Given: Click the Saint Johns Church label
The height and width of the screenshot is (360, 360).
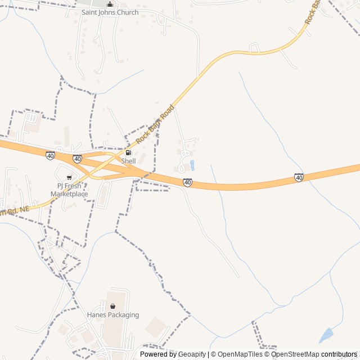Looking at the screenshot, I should click(110, 12).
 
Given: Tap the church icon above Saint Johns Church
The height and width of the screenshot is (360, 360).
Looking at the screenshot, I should click(110, 4).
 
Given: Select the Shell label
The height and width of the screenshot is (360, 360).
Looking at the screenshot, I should click(128, 161).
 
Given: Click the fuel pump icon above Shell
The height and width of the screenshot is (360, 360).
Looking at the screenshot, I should click(128, 153).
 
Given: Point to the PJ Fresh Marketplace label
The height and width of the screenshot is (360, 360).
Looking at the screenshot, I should click(69, 190).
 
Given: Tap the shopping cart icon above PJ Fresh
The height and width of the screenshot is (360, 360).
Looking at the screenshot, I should click(69, 178).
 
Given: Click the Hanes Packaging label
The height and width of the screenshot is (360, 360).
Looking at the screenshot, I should click(112, 315).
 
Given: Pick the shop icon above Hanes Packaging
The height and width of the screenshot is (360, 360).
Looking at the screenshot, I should click(112, 307).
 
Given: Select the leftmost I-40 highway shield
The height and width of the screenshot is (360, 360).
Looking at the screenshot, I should click(51, 155).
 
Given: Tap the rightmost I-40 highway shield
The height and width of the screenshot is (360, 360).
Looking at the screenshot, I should click(299, 178).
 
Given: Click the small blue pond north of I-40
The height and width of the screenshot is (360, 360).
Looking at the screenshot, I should click(192, 165).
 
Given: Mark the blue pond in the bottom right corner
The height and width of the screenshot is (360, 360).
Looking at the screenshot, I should click(326, 336).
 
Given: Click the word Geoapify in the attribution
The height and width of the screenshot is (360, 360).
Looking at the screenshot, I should click(192, 354).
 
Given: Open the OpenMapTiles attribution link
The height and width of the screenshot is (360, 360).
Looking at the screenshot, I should click(240, 354).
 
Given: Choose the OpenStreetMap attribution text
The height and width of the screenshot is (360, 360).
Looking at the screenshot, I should click(295, 354).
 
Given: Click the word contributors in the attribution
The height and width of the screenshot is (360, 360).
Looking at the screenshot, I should click(339, 354).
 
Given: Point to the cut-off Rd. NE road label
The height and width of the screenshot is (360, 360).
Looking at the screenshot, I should click(14, 211).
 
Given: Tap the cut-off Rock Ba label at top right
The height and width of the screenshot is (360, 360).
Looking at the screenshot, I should click(313, 11).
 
